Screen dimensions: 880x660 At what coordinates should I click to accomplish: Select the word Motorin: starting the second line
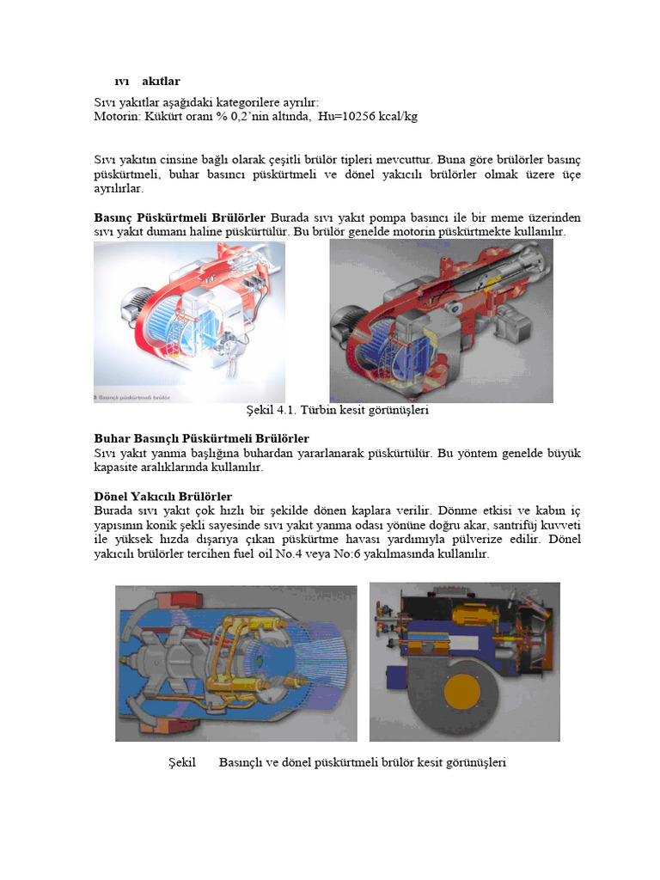click(118, 116)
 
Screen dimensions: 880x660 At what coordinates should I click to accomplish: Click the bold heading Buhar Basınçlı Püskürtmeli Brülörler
click(201, 439)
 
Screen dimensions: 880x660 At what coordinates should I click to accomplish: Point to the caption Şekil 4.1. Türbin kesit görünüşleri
click(338, 410)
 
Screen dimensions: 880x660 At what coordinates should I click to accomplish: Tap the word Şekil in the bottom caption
click(183, 762)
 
